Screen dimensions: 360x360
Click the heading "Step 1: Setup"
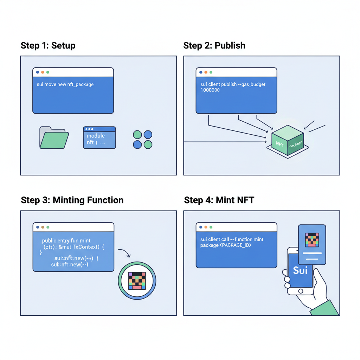[48, 46]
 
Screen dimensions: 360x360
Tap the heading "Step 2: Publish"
[214, 46]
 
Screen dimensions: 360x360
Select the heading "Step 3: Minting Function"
[72, 200]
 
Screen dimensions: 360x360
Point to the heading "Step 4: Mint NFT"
[219, 200]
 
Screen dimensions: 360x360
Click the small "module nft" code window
[99, 137]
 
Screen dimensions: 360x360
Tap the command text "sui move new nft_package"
[65, 85]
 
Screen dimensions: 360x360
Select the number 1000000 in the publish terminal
[210, 90]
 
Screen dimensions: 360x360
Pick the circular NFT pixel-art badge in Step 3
[137, 280]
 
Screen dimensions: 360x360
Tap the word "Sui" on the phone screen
[300, 270]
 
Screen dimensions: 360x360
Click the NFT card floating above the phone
[312, 244]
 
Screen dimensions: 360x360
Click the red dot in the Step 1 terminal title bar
[38, 72]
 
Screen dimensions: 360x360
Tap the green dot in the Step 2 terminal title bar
[211, 72]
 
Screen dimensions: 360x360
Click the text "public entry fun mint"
[66, 241]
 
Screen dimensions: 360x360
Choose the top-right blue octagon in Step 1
[148, 134]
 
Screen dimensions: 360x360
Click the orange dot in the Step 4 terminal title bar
[206, 227]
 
